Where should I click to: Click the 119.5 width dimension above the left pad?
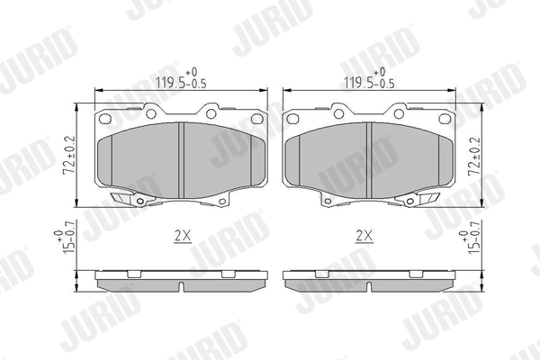[x=181, y=79]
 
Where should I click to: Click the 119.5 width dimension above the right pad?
[x=369, y=79]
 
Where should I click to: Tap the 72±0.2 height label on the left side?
[x=69, y=155]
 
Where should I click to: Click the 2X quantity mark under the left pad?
[x=183, y=237]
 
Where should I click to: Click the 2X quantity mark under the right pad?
[x=364, y=237]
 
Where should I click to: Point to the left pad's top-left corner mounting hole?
[x=104, y=119]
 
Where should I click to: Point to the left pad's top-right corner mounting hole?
[x=256, y=119]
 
